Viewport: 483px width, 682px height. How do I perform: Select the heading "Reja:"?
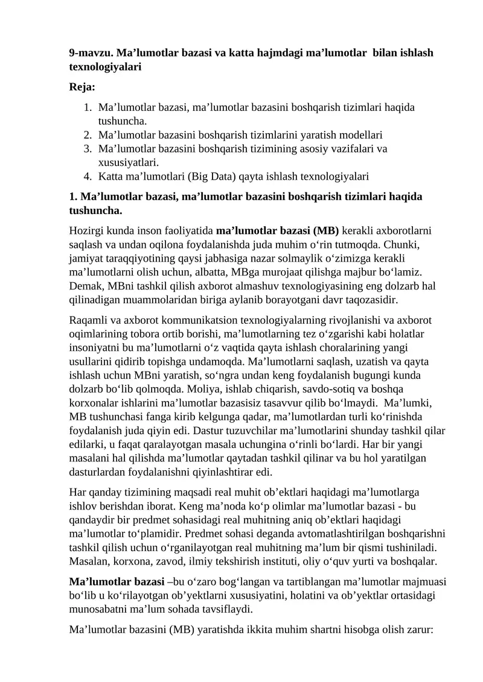82,87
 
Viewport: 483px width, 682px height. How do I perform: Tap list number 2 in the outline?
88,135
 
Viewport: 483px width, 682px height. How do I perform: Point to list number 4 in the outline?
88,176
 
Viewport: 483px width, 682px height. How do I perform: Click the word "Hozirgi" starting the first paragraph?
86,231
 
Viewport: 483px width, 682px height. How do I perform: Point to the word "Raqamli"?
87,320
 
